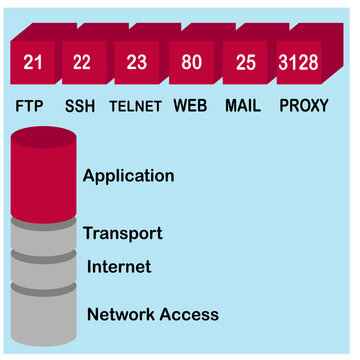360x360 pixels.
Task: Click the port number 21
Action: pyautogui.click(x=32, y=63)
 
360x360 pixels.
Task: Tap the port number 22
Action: pyautogui.click(x=83, y=63)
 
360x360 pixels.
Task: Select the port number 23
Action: pyautogui.click(x=136, y=63)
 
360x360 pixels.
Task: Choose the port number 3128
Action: pyautogui.click(x=299, y=63)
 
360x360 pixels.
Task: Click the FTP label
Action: pyautogui.click(x=32, y=105)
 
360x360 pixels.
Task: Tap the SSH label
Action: pyautogui.click(x=81, y=105)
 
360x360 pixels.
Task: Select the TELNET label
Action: pyautogui.click(x=135, y=105)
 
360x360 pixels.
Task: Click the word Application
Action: pyautogui.click(x=128, y=176)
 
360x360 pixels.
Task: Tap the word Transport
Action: pyautogui.click(x=122, y=234)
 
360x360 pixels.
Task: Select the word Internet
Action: pyautogui.click(x=119, y=266)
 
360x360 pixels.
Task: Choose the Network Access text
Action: pyautogui.click(x=152, y=314)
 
